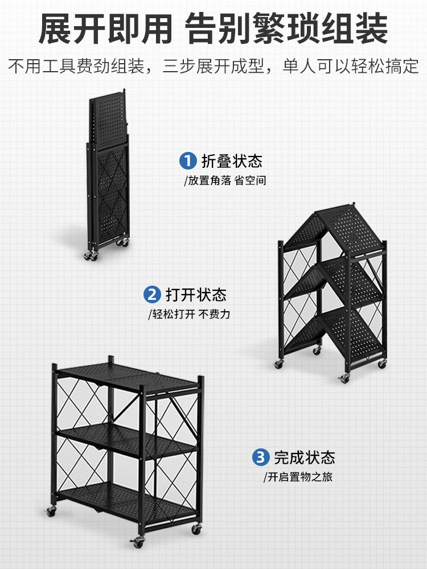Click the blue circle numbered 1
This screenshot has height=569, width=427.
click(x=188, y=161)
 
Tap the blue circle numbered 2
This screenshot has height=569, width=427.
click(x=152, y=295)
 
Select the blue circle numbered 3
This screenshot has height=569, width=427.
click(x=261, y=457)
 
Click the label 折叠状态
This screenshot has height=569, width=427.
click(x=232, y=161)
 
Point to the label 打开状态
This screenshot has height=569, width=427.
click(x=196, y=295)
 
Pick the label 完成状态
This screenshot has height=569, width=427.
click(x=305, y=457)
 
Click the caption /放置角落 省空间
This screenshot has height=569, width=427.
click(x=225, y=181)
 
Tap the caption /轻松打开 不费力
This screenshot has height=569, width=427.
click(x=189, y=314)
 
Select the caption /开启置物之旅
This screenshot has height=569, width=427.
click(x=298, y=477)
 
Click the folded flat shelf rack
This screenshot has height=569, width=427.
click(x=108, y=174)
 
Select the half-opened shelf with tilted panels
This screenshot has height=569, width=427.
click(x=333, y=290)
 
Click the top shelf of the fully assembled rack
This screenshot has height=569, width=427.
click(x=128, y=378)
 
